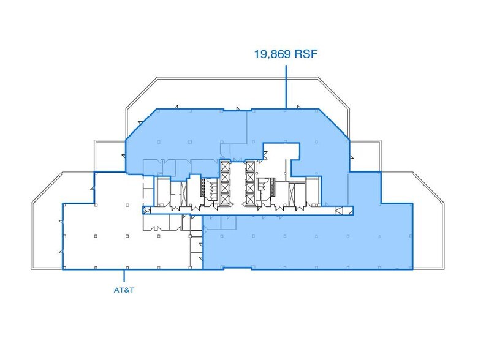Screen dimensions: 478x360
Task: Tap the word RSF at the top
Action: pyautogui.click(x=306, y=54)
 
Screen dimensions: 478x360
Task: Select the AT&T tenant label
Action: pyautogui.click(x=124, y=290)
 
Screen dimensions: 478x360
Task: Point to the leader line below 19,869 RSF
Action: pyautogui.click(x=286, y=87)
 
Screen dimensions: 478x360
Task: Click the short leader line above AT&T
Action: pyautogui.click(x=124, y=276)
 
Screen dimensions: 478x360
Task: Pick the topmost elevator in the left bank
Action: pyautogui.click(x=224, y=167)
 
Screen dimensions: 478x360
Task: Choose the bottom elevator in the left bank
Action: pyautogui.click(x=224, y=199)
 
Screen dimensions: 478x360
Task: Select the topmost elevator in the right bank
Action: pyautogui.click(x=250, y=167)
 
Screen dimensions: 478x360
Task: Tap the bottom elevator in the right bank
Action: pyautogui.click(x=250, y=199)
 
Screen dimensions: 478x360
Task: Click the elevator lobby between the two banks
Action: pyautogui.click(x=237, y=182)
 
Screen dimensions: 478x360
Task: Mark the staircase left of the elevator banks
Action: pyautogui.click(x=211, y=189)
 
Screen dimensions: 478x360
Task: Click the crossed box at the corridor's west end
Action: pyautogui.click(x=147, y=210)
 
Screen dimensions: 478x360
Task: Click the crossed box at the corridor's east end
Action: pyautogui.click(x=338, y=211)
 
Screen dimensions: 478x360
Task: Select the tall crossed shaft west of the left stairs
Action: pyautogui.click(x=183, y=193)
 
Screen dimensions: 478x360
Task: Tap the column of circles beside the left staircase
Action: pyautogui.click(x=202, y=186)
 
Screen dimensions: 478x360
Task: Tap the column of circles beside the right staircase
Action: pyautogui.click(x=271, y=186)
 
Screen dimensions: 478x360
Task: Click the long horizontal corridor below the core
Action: pyautogui.click(x=248, y=211)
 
